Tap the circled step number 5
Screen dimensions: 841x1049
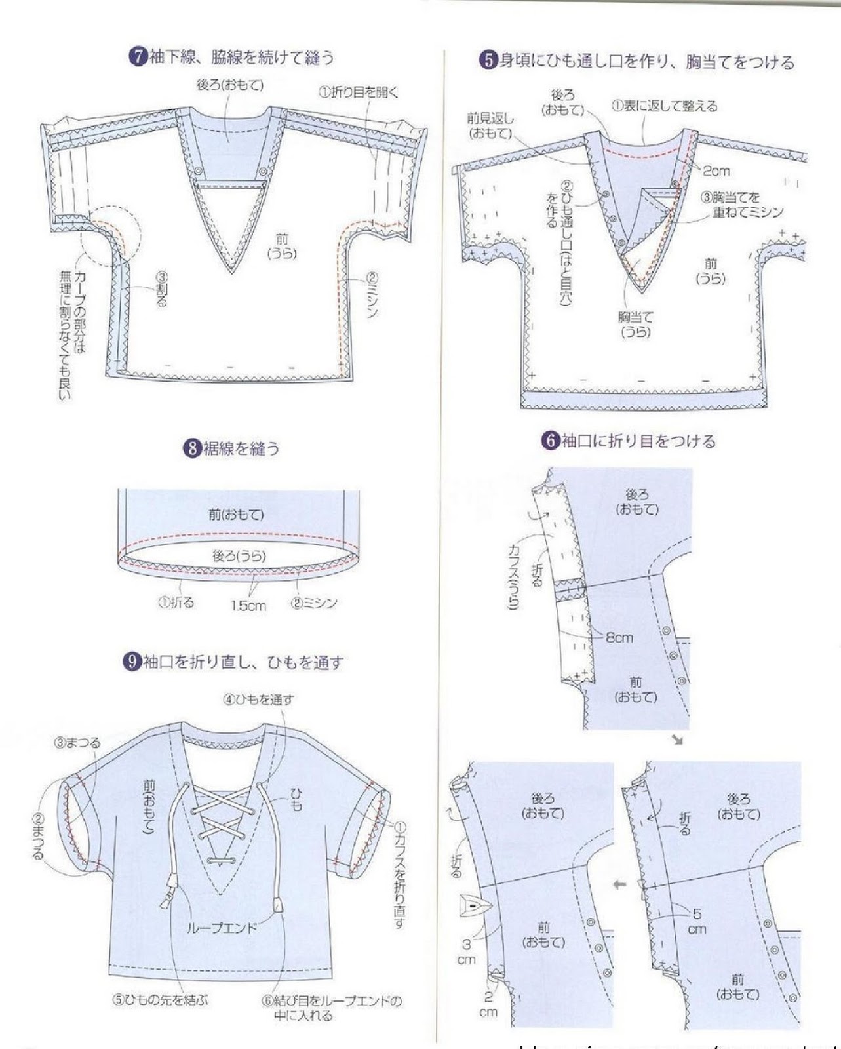[488, 62]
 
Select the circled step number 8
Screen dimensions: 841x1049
[191, 449]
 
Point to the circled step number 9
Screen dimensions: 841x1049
[132, 662]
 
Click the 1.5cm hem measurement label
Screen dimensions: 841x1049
[248, 606]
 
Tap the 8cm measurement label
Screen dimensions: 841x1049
[619, 637]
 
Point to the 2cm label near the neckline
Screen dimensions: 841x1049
[716, 171]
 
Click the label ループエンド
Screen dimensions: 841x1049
[222, 928]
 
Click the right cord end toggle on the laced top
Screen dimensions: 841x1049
[277, 905]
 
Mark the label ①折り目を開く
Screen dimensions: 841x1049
[359, 92]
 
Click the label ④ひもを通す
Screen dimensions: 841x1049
[258, 700]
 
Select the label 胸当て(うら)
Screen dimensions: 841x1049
[635, 325]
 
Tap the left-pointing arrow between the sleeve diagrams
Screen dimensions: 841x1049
[619, 885]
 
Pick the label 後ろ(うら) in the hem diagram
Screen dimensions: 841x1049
[239, 556]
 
